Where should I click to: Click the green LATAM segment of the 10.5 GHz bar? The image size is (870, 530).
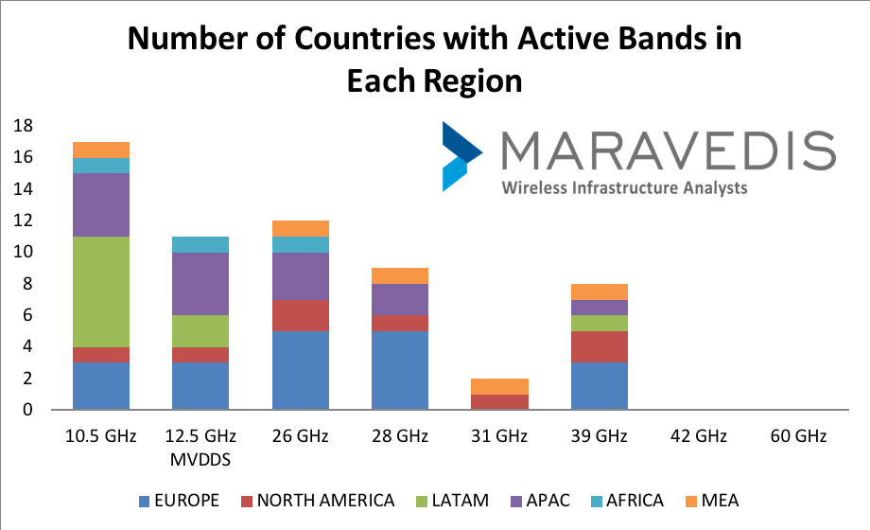click(x=100, y=291)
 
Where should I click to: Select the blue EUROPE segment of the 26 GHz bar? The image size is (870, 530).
click(x=300, y=370)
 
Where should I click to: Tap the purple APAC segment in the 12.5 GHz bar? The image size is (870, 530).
click(x=200, y=284)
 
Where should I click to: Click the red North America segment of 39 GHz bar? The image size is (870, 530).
click(x=600, y=346)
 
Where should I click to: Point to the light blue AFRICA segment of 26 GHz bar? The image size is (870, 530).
click(x=300, y=244)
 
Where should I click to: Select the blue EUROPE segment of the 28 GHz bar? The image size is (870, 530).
click(x=400, y=370)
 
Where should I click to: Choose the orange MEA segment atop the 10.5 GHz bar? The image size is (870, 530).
click(x=100, y=150)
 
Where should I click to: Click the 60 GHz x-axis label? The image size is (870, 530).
click(x=799, y=436)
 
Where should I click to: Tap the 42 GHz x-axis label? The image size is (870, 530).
click(x=700, y=436)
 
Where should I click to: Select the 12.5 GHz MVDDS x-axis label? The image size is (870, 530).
click(x=200, y=446)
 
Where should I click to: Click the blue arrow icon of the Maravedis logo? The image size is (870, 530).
click(x=460, y=156)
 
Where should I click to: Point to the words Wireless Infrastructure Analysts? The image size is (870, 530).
click(x=624, y=187)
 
